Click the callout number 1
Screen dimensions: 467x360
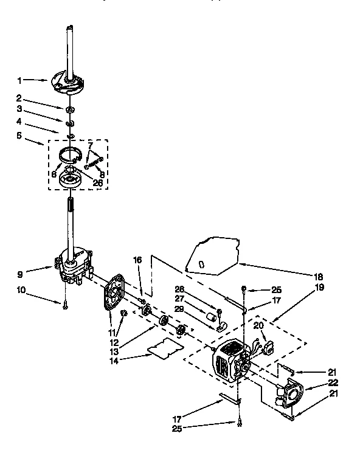[x=19, y=80]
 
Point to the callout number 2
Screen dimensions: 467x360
[x=19, y=97]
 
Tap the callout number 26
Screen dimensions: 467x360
[x=97, y=181]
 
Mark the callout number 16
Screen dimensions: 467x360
[x=137, y=259]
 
